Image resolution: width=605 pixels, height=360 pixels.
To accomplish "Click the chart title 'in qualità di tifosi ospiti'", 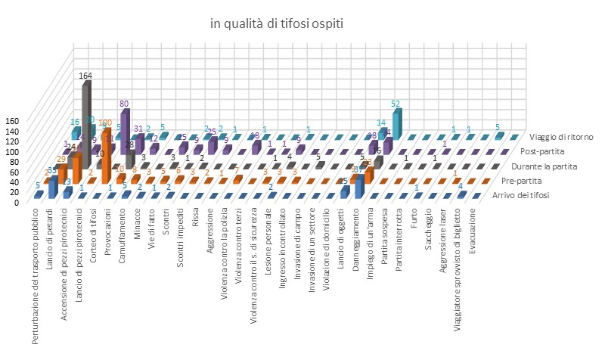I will [x=276, y=25].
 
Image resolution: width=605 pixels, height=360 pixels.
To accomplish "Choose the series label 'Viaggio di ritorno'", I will [x=561, y=137].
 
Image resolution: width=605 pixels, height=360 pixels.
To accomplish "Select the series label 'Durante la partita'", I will [x=544, y=165].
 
